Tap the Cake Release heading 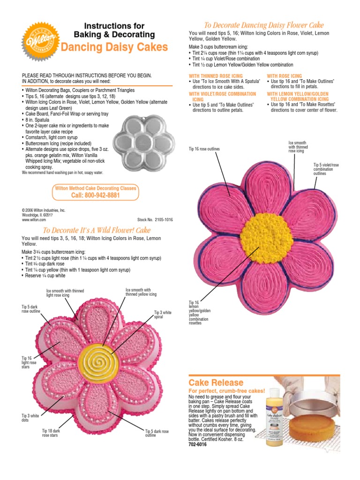pos(216,382)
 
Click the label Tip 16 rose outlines pos(204,149)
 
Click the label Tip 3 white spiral pos(163,315)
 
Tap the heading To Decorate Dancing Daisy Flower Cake pos(263,25)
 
